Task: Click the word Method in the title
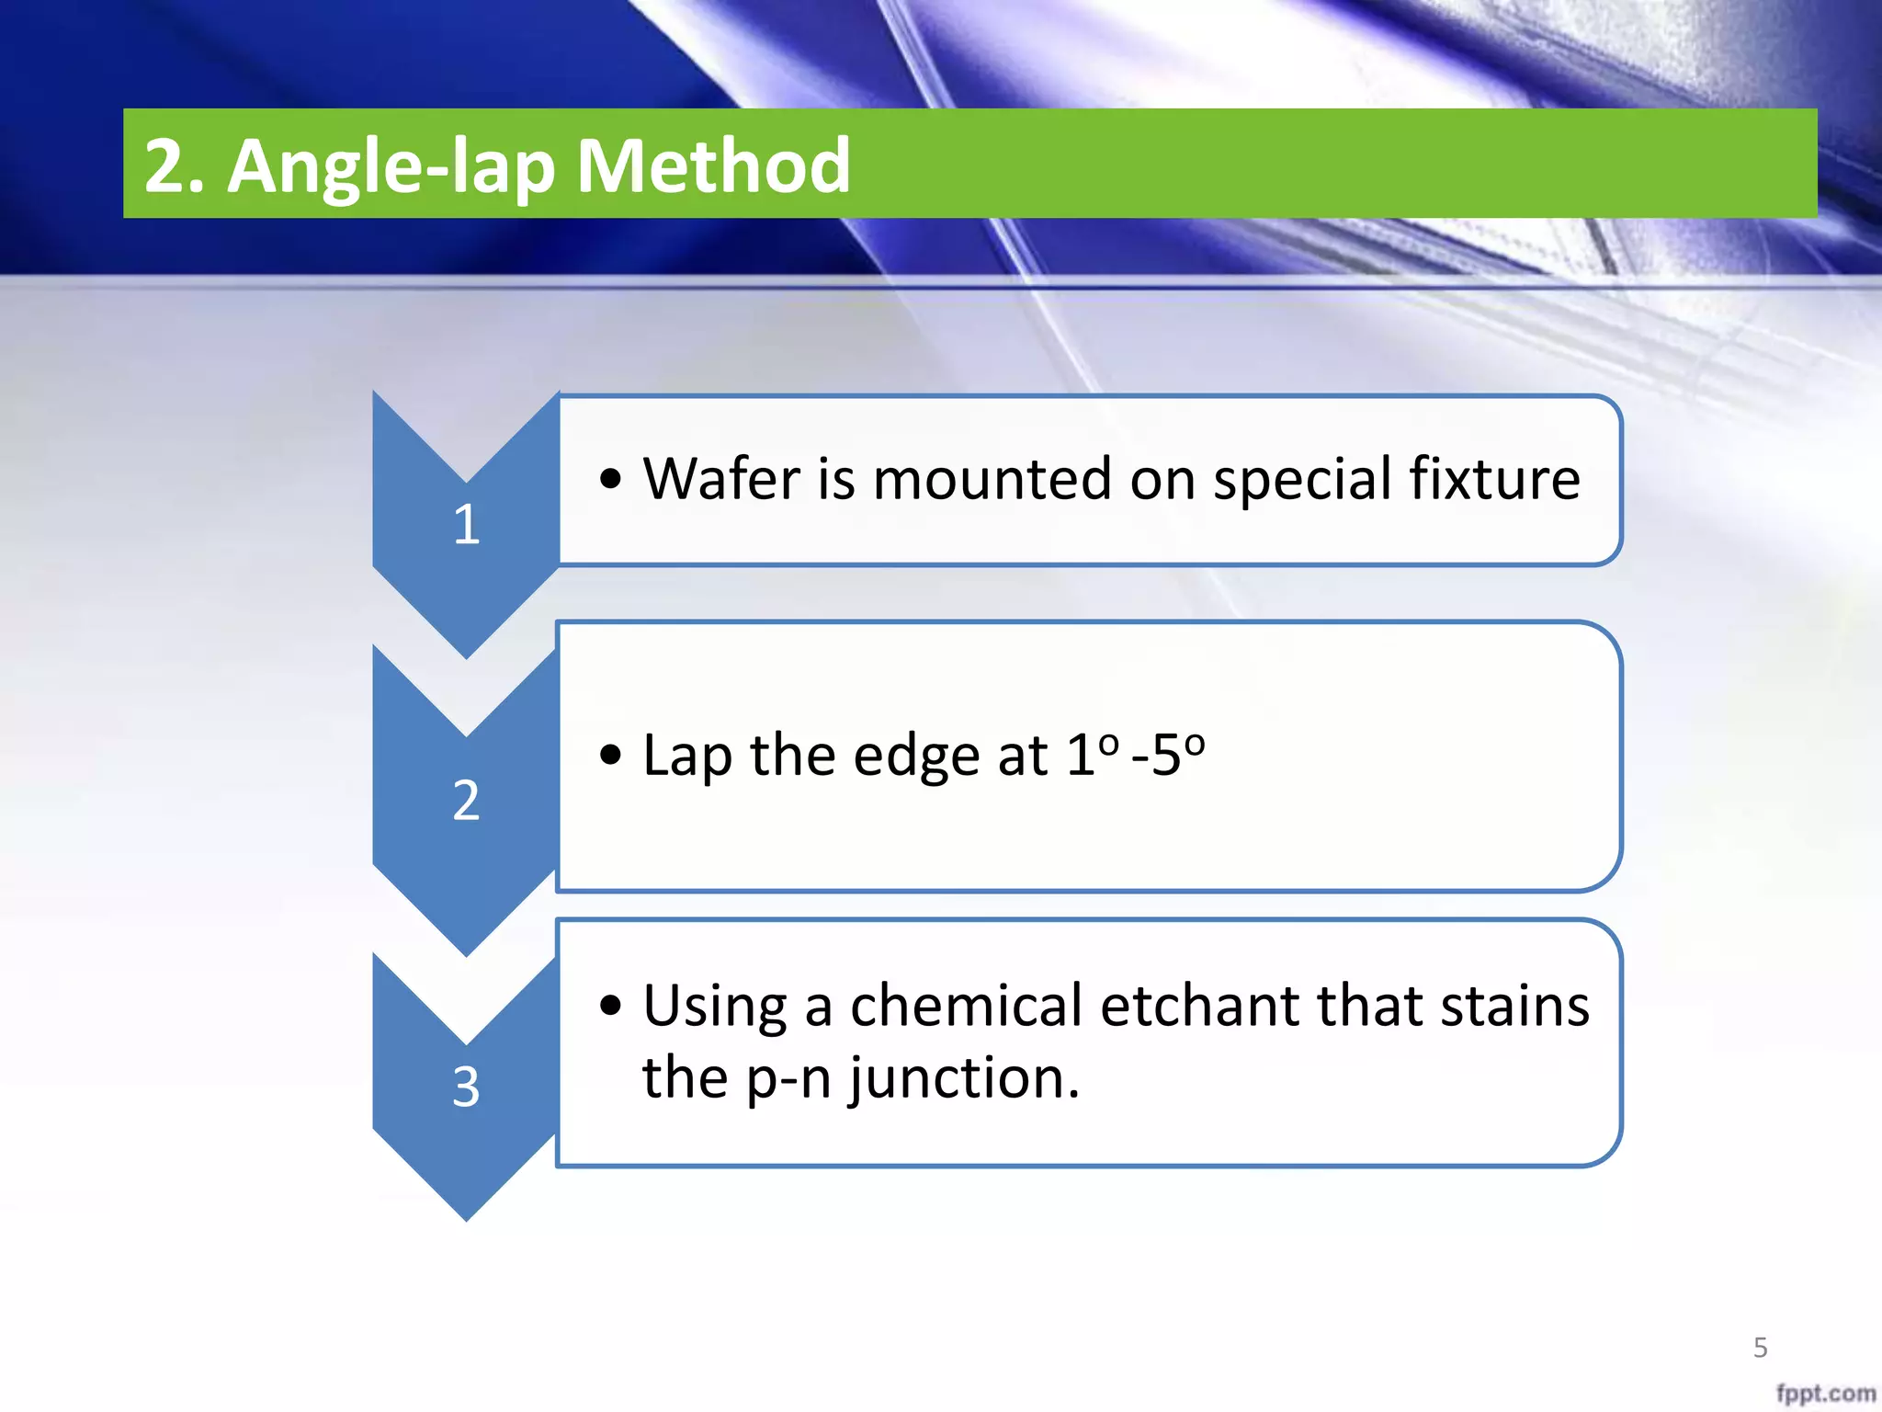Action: (713, 165)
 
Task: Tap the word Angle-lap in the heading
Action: (391, 167)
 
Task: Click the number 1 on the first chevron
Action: (467, 525)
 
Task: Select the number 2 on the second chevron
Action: (466, 800)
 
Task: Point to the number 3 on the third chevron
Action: (466, 1087)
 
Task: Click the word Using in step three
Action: (714, 1008)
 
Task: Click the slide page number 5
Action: (1760, 1348)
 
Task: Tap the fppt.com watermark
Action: (1825, 1393)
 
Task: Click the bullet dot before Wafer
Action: (610, 479)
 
